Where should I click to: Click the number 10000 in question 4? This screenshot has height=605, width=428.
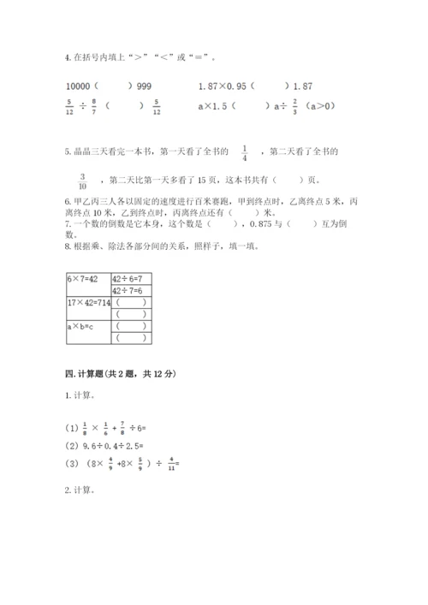coord(78,86)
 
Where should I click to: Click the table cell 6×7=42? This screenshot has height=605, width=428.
coord(83,280)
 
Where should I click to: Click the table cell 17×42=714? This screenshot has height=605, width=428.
coord(87,303)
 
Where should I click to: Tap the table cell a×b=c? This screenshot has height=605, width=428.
coord(81,326)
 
